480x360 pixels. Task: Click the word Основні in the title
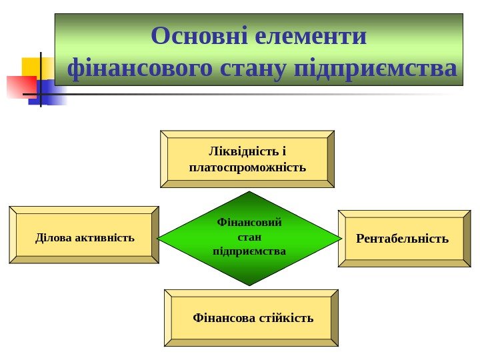coord(199,36)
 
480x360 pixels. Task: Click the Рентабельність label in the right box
coord(403,238)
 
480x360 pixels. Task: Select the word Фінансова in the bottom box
coord(219,317)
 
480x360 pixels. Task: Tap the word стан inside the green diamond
coord(249,237)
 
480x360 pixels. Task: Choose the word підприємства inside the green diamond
coord(249,251)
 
